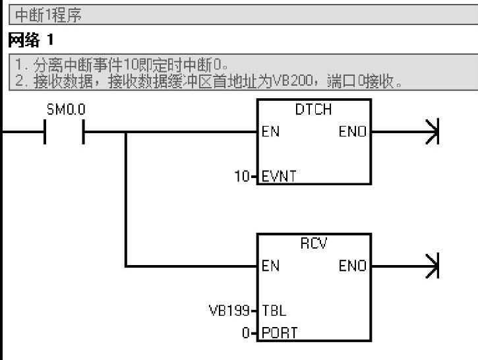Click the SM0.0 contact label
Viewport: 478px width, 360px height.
(x=65, y=109)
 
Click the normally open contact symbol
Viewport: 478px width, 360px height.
(x=65, y=132)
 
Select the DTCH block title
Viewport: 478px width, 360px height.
(x=314, y=109)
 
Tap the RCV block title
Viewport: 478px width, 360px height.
(x=314, y=244)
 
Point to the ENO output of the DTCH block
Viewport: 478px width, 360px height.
(x=352, y=132)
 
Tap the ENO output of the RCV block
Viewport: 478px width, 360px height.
(x=352, y=266)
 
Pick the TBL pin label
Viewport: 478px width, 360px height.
(x=274, y=311)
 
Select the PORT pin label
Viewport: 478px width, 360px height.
(x=279, y=333)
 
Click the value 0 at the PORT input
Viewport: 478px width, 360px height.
(x=246, y=333)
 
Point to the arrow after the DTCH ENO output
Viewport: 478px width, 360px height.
(x=432, y=132)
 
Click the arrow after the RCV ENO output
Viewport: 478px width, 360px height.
(x=432, y=266)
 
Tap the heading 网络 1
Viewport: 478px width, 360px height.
(x=30, y=41)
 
